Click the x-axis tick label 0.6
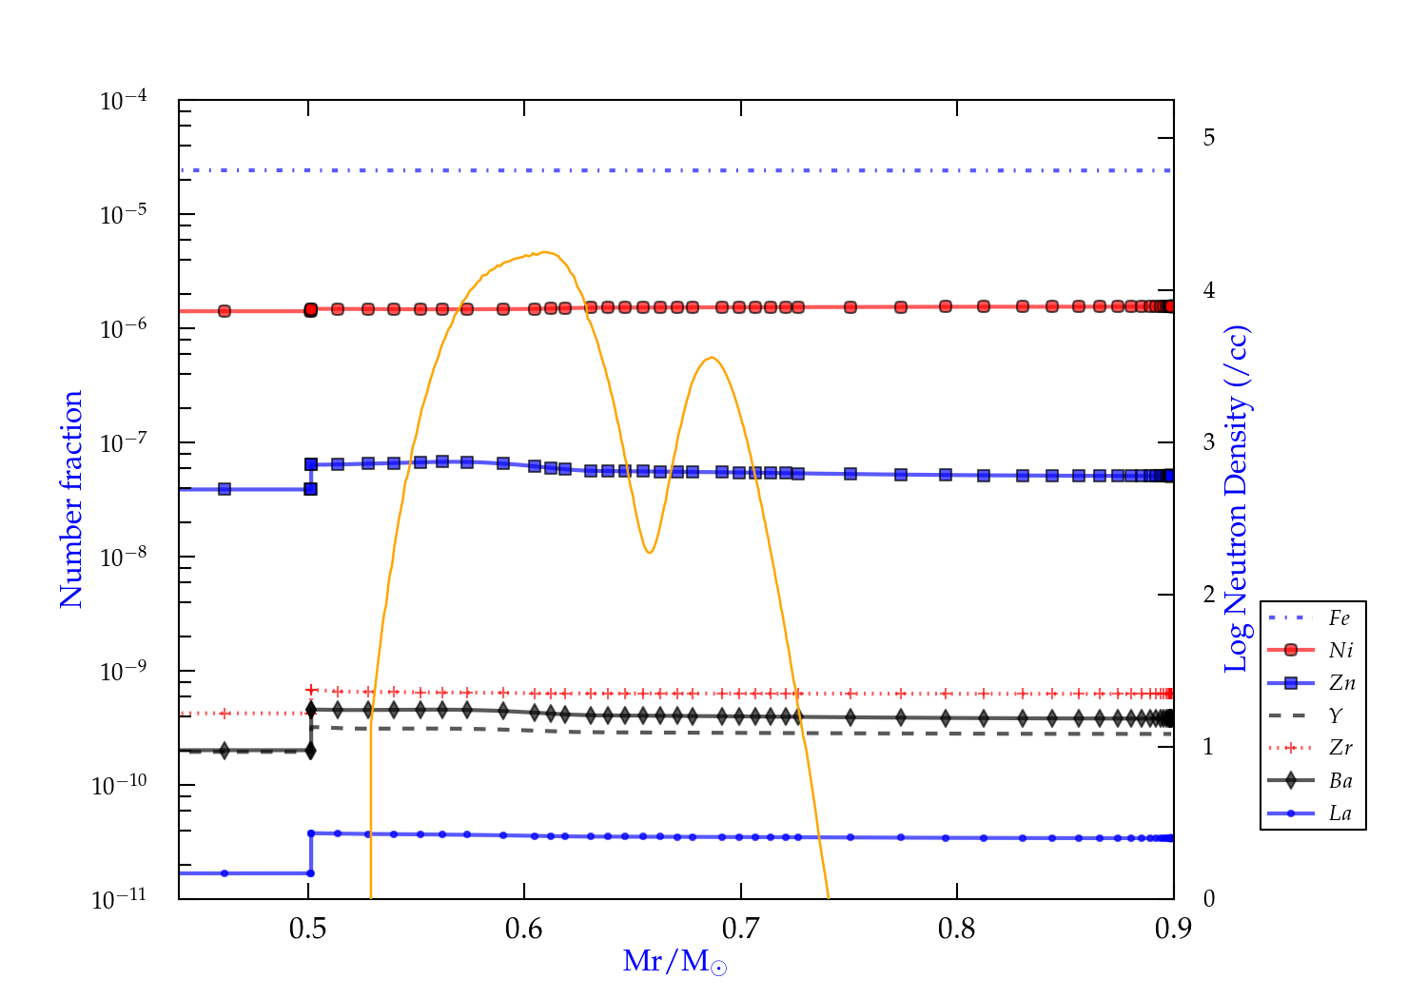[524, 929]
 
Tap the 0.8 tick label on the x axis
[957, 929]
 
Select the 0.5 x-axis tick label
[308, 929]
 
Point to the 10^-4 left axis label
[124, 101]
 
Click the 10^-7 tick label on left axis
[124, 443]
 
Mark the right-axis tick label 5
[1208, 138]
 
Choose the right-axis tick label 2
[1208, 595]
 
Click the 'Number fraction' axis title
[71, 499]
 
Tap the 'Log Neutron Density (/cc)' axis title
[1236, 499]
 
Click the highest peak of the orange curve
[544, 252]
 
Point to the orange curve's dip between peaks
[649, 553]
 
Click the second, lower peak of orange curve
[711, 358]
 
